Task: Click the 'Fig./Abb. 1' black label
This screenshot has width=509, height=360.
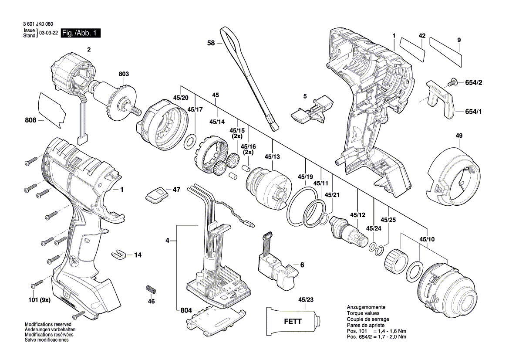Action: click(81, 33)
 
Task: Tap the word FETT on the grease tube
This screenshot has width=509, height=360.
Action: click(293, 322)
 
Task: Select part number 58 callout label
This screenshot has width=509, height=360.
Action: click(211, 43)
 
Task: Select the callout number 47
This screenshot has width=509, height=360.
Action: click(176, 190)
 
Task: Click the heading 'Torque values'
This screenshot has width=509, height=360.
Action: click(363, 313)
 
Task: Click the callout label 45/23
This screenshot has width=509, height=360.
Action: click(306, 300)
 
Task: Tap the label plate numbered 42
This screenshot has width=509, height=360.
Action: click(412, 49)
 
